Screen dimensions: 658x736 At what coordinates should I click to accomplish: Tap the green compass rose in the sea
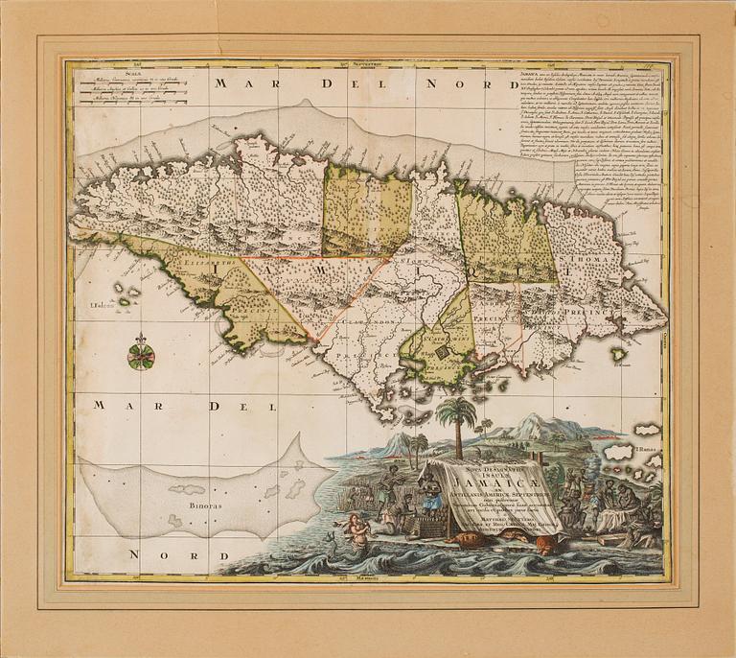[141, 357]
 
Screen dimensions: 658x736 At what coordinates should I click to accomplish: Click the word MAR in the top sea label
[236, 83]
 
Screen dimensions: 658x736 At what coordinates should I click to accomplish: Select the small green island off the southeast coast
[620, 354]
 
